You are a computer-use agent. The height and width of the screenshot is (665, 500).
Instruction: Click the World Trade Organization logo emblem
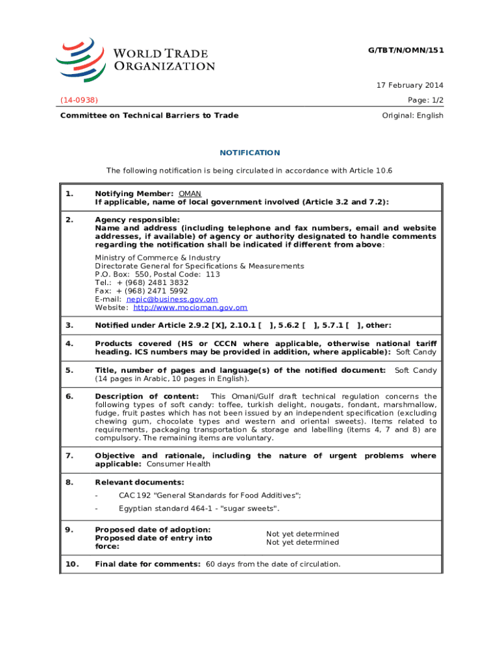81,59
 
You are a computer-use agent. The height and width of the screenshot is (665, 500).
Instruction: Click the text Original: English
412,116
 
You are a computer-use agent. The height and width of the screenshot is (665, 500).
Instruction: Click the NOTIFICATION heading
249,153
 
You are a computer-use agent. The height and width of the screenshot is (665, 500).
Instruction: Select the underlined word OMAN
190,194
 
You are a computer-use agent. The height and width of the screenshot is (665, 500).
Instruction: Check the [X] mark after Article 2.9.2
192,325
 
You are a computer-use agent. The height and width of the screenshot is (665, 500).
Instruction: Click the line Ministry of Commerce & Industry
158,258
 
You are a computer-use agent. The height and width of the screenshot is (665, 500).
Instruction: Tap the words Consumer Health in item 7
179,464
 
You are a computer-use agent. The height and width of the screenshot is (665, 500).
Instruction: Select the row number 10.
71,564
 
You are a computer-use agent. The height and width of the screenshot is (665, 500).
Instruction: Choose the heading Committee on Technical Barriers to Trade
149,116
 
